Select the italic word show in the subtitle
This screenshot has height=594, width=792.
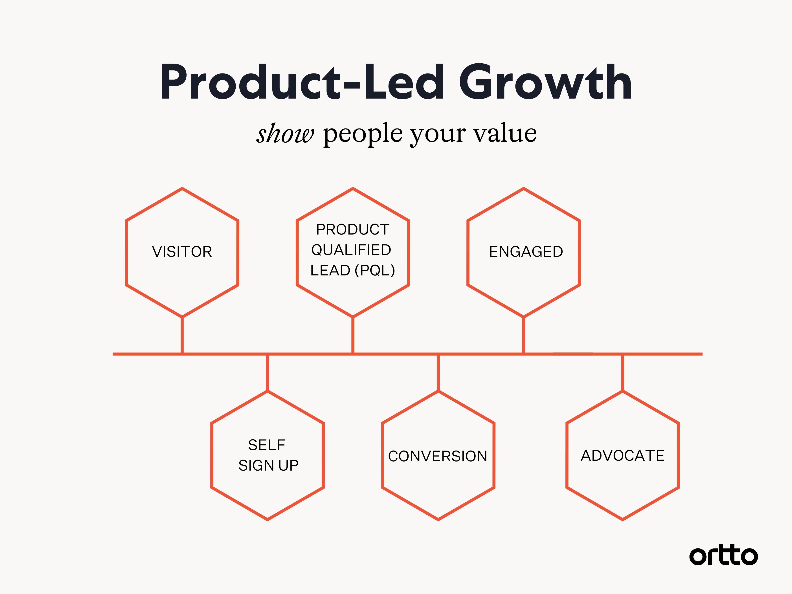pos(285,134)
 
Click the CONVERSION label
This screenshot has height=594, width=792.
pos(438,456)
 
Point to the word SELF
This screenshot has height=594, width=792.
pos(267,445)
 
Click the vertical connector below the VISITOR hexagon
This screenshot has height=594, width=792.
pos(182,335)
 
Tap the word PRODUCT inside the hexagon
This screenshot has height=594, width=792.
pos(353,229)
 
